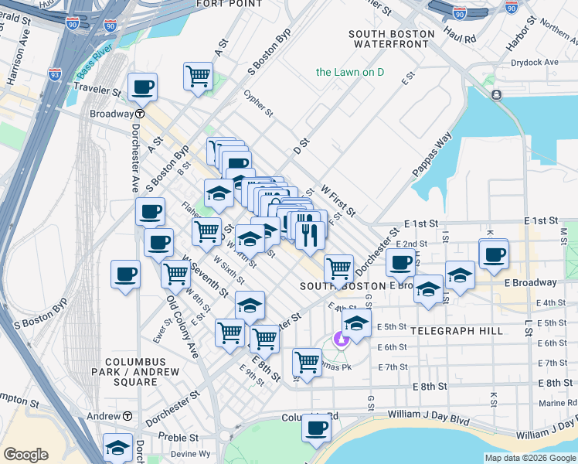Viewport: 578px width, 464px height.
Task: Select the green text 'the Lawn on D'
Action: point(350,72)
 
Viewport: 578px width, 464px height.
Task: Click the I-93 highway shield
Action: point(54,74)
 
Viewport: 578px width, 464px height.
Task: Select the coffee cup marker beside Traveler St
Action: point(142,87)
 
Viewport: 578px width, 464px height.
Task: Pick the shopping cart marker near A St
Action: point(199,77)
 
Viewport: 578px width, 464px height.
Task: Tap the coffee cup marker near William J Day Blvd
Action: point(315,429)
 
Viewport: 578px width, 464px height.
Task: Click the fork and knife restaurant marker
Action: point(310,234)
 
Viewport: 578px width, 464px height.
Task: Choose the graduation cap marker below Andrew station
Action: point(117,448)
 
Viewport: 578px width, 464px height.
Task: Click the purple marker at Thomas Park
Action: point(339,339)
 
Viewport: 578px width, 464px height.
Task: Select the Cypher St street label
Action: point(259,104)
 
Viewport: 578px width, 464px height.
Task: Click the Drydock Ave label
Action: point(539,62)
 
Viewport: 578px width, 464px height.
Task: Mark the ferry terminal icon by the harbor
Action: point(495,94)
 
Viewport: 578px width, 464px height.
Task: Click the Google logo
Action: point(25,455)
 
